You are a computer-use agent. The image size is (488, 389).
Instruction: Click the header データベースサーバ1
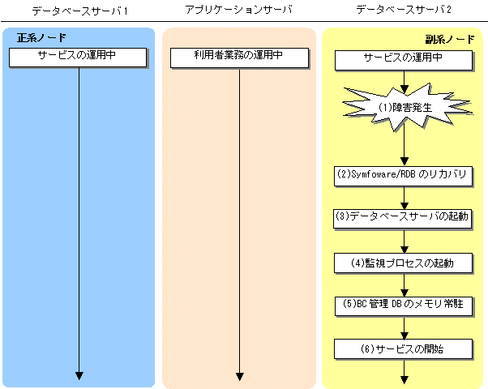coord(79,11)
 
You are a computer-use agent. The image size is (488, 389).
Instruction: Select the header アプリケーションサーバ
coord(238,10)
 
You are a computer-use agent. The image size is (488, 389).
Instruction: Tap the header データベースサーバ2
coord(404,10)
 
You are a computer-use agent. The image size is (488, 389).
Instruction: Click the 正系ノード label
coord(41,38)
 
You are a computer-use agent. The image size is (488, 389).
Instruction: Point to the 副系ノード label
coord(450,40)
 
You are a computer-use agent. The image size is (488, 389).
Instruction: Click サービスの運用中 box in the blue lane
coord(78,58)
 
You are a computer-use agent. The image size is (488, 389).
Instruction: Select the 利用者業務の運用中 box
coord(239,58)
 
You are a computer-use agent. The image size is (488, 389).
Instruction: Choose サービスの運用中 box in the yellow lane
coord(404,60)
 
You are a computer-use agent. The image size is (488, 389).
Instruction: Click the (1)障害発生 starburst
coord(405,107)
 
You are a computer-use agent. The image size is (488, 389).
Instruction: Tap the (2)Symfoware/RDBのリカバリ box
coord(404,177)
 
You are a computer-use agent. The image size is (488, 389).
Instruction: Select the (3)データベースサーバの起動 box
coord(403,219)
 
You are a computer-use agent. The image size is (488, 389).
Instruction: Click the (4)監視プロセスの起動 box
coord(404,263)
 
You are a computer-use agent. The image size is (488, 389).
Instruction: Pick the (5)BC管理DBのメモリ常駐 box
coord(404,306)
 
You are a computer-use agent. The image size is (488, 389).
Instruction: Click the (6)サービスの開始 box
coord(404,349)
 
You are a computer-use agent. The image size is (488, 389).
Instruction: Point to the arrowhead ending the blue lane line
coord(79,375)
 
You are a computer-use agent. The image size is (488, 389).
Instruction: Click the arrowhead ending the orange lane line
coord(239,377)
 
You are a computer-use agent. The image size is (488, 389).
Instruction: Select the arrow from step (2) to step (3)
coord(405,198)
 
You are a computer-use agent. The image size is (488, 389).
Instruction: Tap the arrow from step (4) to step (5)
coord(405,285)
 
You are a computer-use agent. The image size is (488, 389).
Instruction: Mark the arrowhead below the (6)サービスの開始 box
coord(405,380)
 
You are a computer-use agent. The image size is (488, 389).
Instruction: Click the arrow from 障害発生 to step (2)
coord(405,146)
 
